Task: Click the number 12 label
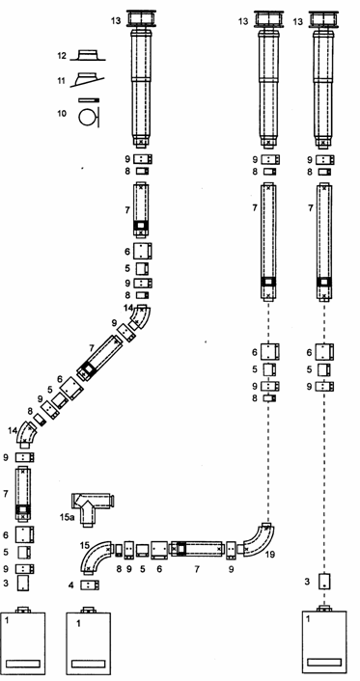pos(61,56)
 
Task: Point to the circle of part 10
pos(86,118)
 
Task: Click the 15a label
pos(66,517)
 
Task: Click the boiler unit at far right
pos(324,640)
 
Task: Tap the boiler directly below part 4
pos(88,641)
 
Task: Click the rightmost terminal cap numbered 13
pos(323,19)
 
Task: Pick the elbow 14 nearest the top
pos(141,318)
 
